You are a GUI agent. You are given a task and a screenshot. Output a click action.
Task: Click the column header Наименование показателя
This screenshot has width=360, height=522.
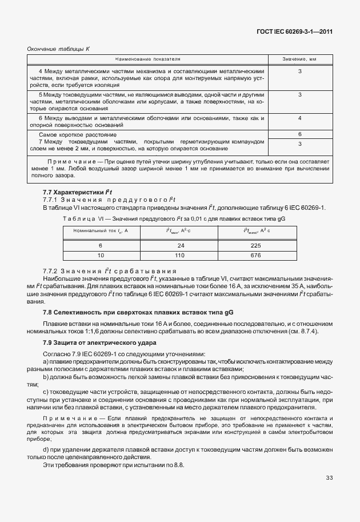(147, 59)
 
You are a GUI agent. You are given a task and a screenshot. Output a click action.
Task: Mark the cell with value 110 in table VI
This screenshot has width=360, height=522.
(181, 254)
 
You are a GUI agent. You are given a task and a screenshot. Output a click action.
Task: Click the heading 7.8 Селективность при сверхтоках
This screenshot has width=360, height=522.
(137, 313)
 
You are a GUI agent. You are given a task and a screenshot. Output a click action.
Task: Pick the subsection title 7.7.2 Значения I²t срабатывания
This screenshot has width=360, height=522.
(109, 270)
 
